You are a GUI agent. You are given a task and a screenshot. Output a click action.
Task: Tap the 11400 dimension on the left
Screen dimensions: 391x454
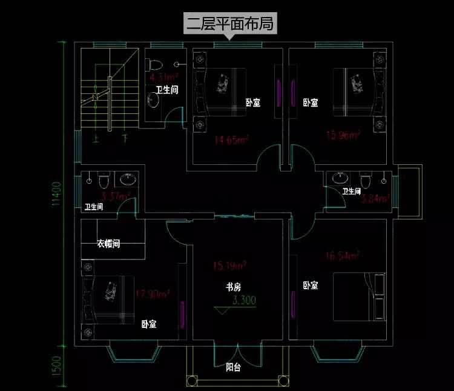click(x=56, y=193)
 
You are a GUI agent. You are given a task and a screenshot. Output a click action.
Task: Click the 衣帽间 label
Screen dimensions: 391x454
click(x=108, y=244)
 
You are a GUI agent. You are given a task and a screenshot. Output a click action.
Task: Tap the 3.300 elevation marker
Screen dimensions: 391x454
click(x=244, y=299)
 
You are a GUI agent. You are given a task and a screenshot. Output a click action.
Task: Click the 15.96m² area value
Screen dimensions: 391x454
click(x=343, y=135)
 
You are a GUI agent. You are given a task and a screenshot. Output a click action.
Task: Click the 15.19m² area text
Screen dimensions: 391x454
click(x=229, y=265)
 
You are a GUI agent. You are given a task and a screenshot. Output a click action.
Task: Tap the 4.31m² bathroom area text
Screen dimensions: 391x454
click(x=163, y=77)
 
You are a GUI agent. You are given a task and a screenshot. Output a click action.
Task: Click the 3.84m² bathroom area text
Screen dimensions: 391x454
click(x=375, y=197)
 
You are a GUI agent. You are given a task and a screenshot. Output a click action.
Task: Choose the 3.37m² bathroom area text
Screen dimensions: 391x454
click(x=115, y=196)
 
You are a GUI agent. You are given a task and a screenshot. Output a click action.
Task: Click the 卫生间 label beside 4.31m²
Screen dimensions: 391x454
click(x=166, y=90)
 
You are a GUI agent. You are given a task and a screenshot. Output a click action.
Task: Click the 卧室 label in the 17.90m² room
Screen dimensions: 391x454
click(x=149, y=324)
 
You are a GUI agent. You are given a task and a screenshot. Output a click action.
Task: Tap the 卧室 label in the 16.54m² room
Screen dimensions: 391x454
click(x=311, y=285)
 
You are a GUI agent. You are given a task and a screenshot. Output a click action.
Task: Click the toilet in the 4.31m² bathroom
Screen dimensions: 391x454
click(x=154, y=63)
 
